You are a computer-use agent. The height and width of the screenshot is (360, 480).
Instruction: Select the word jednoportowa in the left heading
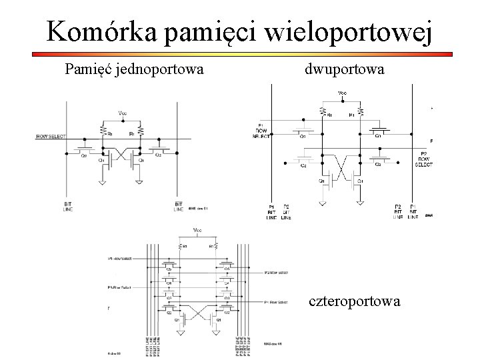point(161,68)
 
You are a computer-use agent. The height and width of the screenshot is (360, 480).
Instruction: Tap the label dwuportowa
point(345,68)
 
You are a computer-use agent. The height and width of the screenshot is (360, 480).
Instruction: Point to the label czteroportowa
point(355,301)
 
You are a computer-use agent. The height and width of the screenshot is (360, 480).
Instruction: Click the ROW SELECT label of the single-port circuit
point(51,137)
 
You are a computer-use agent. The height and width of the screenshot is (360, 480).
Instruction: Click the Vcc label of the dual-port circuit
point(342,93)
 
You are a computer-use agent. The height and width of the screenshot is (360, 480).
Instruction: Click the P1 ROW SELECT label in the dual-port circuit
point(261,131)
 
